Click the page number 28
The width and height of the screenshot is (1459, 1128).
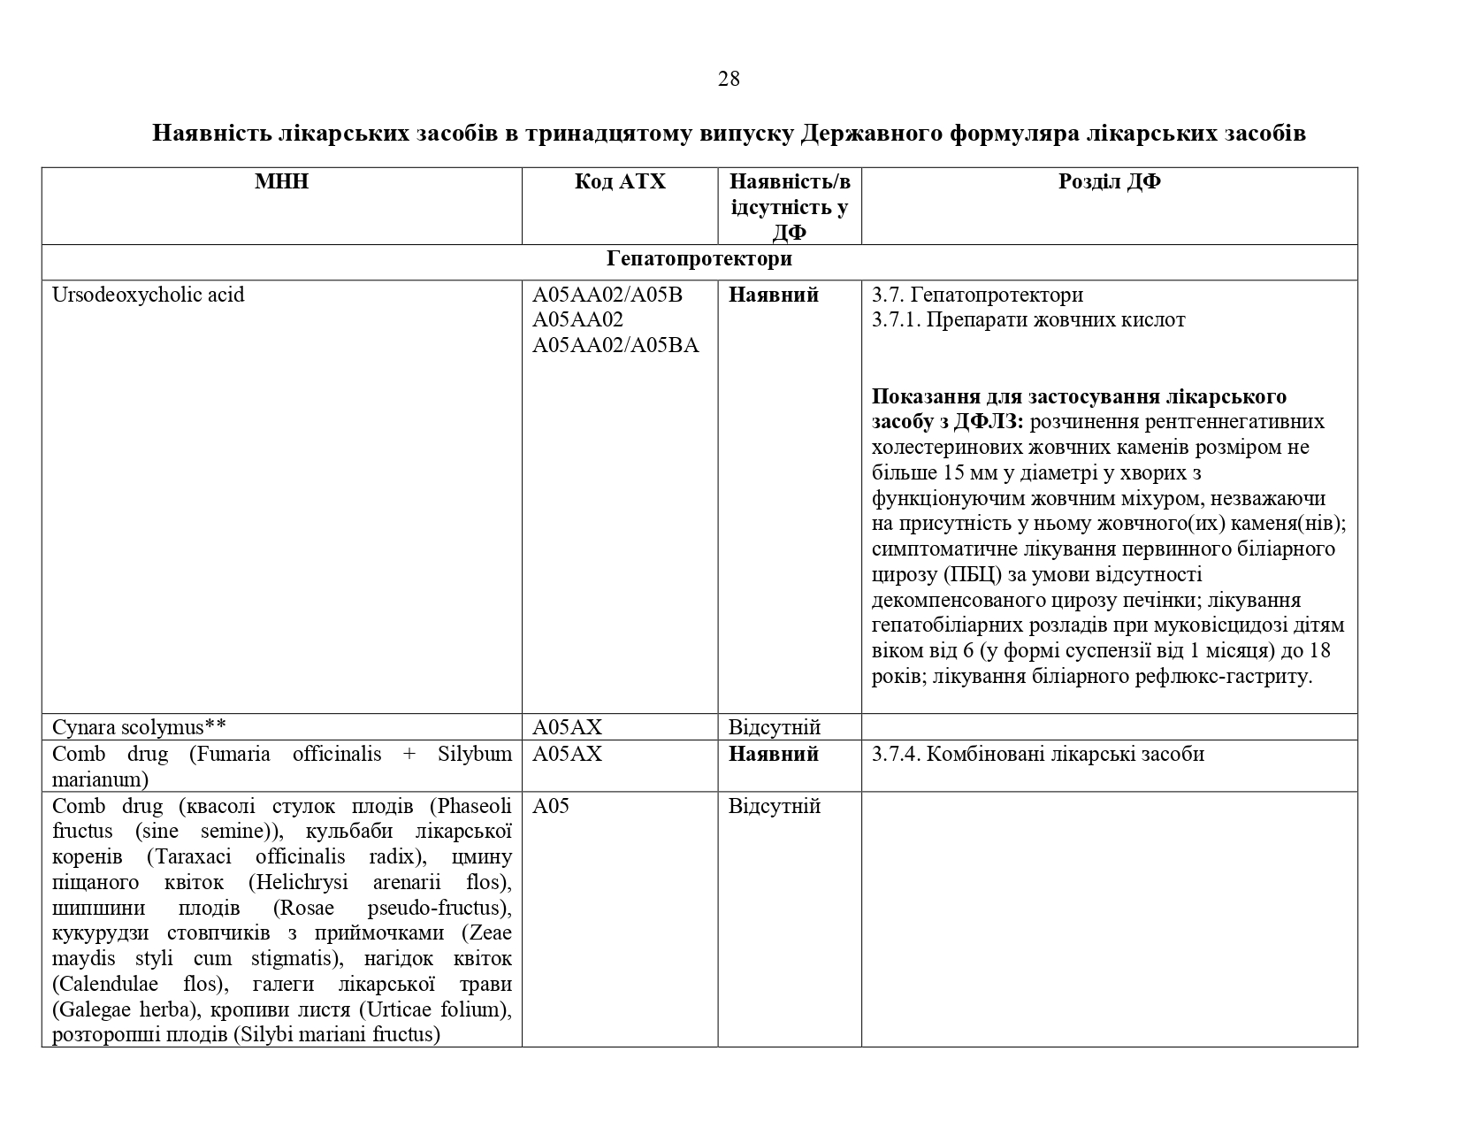(x=729, y=79)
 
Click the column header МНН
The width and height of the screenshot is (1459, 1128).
(x=282, y=181)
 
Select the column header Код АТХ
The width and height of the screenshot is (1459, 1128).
(x=620, y=181)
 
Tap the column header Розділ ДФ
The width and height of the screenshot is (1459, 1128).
(x=1109, y=181)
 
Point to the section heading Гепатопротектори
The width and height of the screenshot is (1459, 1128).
(x=699, y=259)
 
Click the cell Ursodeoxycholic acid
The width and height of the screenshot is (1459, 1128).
(x=149, y=295)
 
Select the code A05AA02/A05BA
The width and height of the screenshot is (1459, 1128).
(x=615, y=345)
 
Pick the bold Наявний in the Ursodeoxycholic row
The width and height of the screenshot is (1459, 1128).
(x=774, y=295)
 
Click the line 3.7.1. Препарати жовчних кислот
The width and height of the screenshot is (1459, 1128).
(x=1028, y=319)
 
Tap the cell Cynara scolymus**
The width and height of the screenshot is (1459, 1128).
(x=140, y=727)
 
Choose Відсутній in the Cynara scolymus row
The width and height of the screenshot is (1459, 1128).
(x=775, y=727)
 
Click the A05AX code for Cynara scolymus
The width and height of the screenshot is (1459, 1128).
(x=567, y=727)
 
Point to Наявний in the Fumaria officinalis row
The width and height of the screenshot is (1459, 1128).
(x=774, y=754)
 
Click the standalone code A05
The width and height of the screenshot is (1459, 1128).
(x=551, y=806)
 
